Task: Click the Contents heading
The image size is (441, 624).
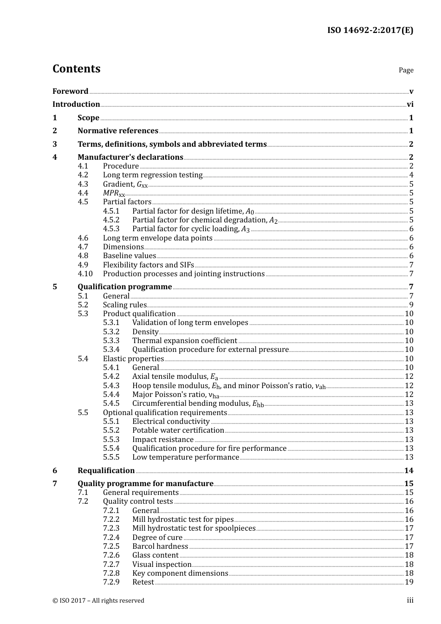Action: tap(76, 69)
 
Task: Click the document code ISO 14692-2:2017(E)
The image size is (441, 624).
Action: tap(370, 30)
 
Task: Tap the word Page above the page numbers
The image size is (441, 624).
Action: tap(406, 70)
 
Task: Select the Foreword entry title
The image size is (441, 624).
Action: tap(70, 91)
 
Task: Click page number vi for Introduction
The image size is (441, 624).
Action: tap(410, 104)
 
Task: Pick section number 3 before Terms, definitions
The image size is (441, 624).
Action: tap(55, 144)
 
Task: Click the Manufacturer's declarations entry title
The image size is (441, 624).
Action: tap(130, 157)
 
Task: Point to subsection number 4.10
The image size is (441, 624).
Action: tap(85, 274)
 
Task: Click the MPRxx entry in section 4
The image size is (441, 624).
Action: tap(114, 193)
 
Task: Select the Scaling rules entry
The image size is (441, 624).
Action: tap(124, 305)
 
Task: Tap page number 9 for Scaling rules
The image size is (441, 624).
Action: tap(411, 305)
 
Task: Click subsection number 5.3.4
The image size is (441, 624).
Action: tap(111, 350)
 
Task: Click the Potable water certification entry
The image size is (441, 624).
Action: tap(178, 430)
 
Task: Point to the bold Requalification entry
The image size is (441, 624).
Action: tap(106, 470)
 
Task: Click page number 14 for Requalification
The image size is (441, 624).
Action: tap(409, 470)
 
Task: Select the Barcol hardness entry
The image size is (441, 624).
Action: tap(160, 546)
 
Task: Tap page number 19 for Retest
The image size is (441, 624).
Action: tap(409, 582)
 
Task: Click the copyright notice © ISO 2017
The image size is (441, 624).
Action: tap(98, 600)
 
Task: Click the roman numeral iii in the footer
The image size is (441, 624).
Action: tap(410, 600)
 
